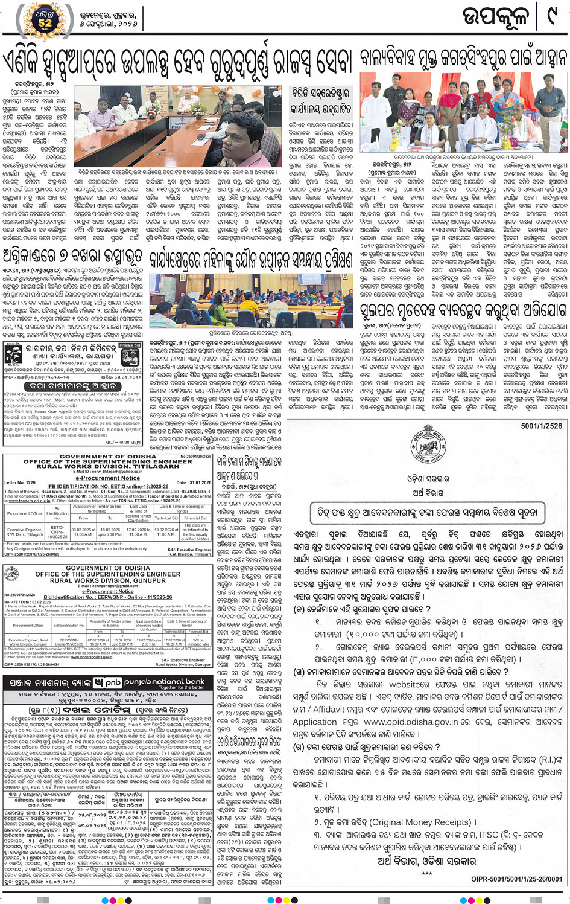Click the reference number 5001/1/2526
point(541,426)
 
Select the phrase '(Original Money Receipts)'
point(420,822)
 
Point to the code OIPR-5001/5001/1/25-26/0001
point(516,880)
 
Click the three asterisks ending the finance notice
point(427,874)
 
